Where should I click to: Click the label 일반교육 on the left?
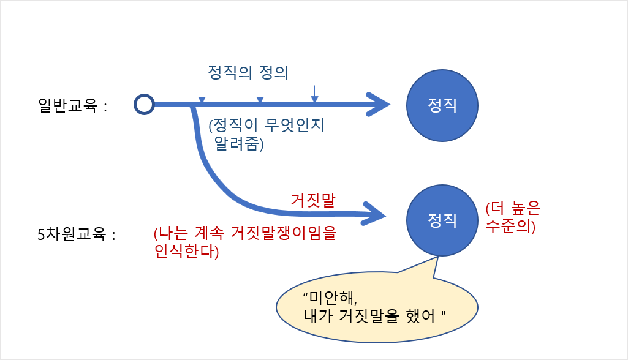(x=67, y=105)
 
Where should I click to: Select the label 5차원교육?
(x=72, y=234)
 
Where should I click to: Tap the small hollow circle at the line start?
(x=144, y=105)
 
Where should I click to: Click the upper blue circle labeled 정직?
(x=442, y=105)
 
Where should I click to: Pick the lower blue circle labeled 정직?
(x=442, y=220)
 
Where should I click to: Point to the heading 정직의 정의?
(x=248, y=72)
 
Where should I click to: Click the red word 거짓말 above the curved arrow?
(x=313, y=200)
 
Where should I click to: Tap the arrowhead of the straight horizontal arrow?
(x=378, y=105)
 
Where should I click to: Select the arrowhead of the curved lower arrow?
(x=374, y=214)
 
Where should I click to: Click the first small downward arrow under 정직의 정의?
(x=202, y=94)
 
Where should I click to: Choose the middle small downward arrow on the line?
(x=260, y=94)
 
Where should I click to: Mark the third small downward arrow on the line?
(x=314, y=94)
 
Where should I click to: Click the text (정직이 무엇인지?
(x=267, y=126)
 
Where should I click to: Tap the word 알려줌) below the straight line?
(x=239, y=143)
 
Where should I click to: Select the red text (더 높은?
(x=513, y=208)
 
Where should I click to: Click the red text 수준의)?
(x=510, y=226)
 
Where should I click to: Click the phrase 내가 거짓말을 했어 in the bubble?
(x=369, y=316)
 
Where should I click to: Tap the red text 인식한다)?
(x=187, y=251)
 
